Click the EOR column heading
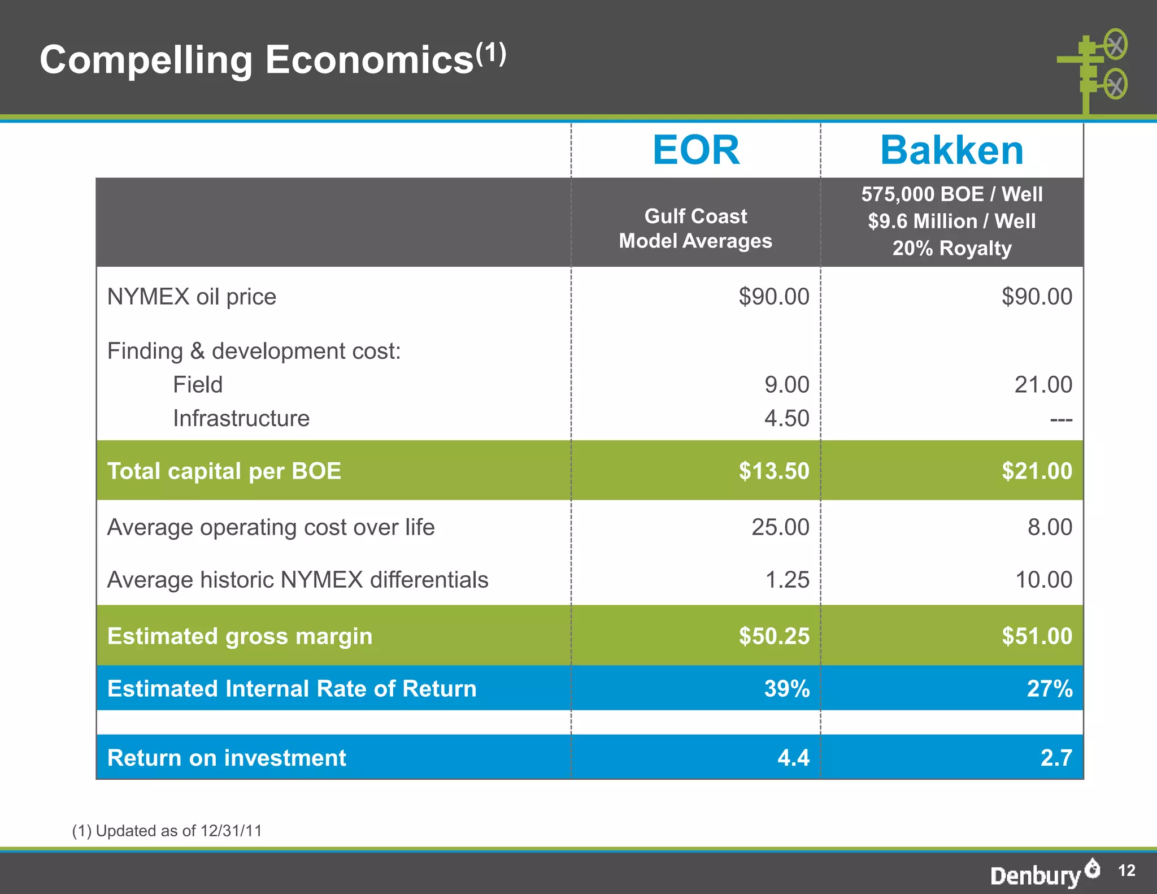(x=695, y=150)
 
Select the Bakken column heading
(x=951, y=150)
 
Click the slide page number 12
(x=1126, y=870)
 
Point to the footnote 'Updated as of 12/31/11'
(x=167, y=831)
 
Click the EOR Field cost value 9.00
(x=786, y=385)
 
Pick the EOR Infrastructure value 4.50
(x=786, y=419)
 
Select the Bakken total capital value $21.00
(x=1037, y=471)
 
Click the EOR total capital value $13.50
(x=774, y=471)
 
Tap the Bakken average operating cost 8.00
(x=1050, y=527)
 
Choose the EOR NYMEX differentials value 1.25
(x=787, y=580)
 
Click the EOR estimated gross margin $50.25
(x=774, y=636)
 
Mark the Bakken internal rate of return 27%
(x=1049, y=689)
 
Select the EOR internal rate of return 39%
(x=786, y=689)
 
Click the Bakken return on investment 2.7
(x=1056, y=758)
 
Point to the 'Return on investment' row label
(x=227, y=758)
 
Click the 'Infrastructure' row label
(x=241, y=419)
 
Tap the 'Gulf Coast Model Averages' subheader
(x=695, y=228)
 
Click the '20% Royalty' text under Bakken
(x=951, y=248)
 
